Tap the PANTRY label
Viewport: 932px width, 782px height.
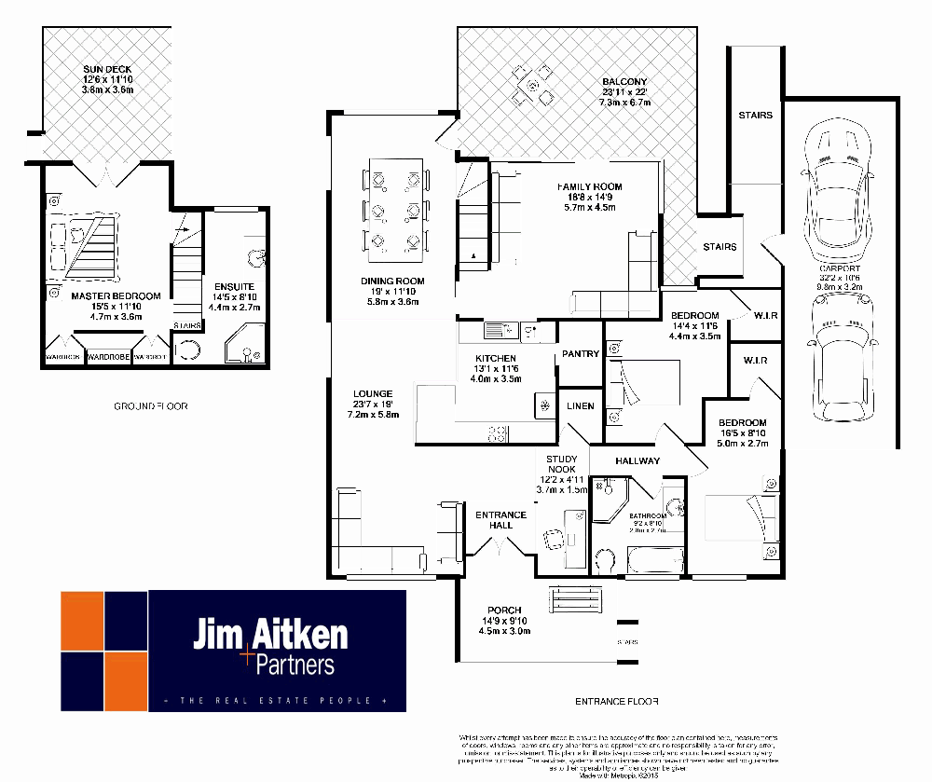(x=580, y=354)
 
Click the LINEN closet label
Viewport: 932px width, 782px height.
(x=580, y=405)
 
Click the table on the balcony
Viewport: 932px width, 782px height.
(x=532, y=86)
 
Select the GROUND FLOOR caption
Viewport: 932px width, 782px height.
(x=151, y=406)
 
